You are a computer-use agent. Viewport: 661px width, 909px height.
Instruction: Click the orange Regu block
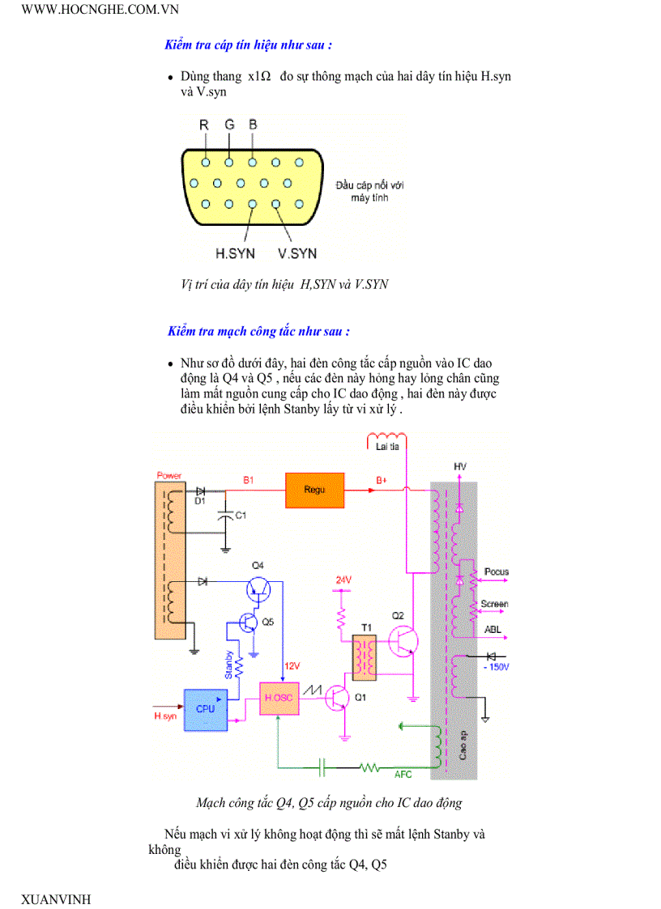(x=314, y=490)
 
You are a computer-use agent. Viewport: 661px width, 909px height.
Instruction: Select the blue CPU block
(x=206, y=707)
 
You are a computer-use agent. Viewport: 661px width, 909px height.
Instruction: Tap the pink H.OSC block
(x=279, y=698)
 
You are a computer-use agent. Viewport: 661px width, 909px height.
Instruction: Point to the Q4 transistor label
(x=258, y=564)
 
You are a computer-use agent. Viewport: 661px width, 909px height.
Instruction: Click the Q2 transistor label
(x=398, y=616)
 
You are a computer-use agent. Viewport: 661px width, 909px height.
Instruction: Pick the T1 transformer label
(x=366, y=627)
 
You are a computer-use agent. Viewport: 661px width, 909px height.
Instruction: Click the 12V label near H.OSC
(x=292, y=666)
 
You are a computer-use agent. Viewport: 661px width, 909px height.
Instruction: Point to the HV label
(x=460, y=467)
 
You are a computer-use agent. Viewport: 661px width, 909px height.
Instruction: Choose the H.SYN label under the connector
(x=235, y=253)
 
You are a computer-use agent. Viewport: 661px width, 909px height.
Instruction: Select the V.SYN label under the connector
(x=297, y=253)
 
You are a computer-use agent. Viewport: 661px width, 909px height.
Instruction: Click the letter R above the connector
(x=204, y=125)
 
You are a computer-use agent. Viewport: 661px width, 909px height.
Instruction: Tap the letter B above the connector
(x=253, y=125)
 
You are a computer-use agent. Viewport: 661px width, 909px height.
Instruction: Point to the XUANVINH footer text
(x=56, y=899)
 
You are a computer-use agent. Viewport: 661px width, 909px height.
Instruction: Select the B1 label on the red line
(x=249, y=480)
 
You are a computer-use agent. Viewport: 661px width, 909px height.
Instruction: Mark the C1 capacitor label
(x=241, y=516)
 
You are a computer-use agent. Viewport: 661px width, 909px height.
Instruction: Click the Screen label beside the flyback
(x=494, y=604)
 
